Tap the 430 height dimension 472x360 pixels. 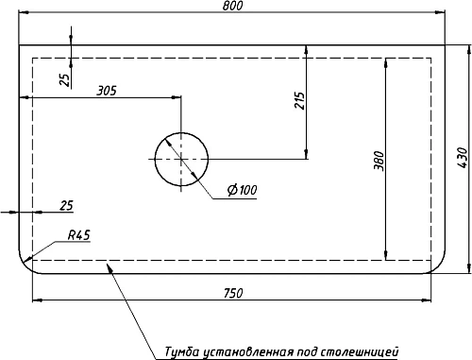tap(462, 157)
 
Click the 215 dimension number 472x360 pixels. tap(299, 101)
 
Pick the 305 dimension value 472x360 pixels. tap(107, 91)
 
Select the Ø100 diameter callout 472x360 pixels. tap(242, 191)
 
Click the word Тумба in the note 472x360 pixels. tap(182, 351)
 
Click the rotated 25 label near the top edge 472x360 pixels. tap(64, 78)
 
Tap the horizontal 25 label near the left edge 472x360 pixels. tap(66, 205)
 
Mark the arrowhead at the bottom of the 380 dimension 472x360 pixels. tap(387, 254)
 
